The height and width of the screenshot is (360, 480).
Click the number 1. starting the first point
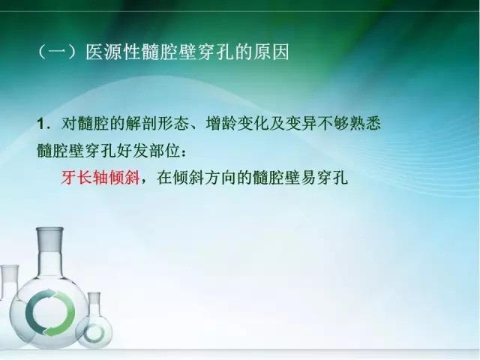tap(43, 122)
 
